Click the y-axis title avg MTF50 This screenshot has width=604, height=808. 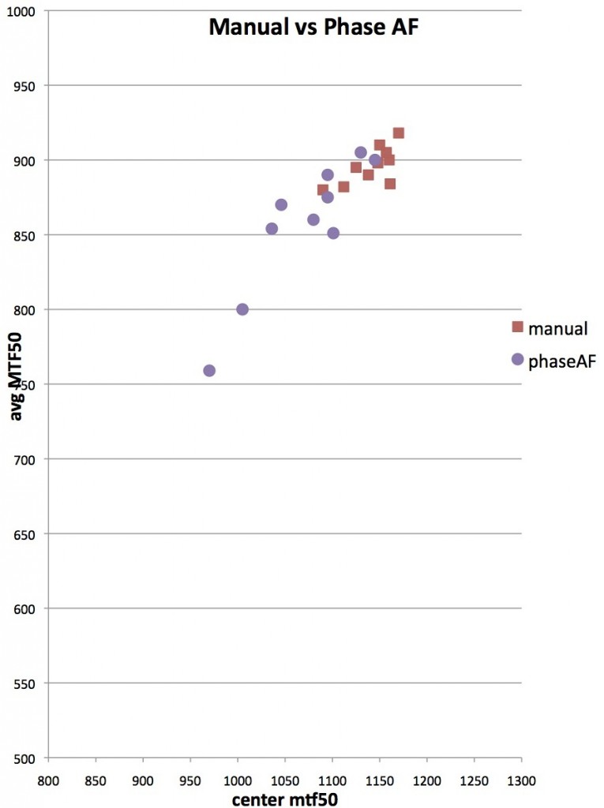point(15,384)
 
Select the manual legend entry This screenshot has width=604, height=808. point(550,327)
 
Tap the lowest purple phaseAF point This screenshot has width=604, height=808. point(209,371)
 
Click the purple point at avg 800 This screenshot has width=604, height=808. point(242,309)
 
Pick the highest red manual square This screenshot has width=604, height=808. point(399,133)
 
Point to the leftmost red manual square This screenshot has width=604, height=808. point(322,190)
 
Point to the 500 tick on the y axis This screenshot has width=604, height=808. point(32,758)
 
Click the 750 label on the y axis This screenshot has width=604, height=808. point(32,384)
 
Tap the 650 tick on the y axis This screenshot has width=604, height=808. point(32,534)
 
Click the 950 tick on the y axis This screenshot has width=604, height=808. point(32,86)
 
